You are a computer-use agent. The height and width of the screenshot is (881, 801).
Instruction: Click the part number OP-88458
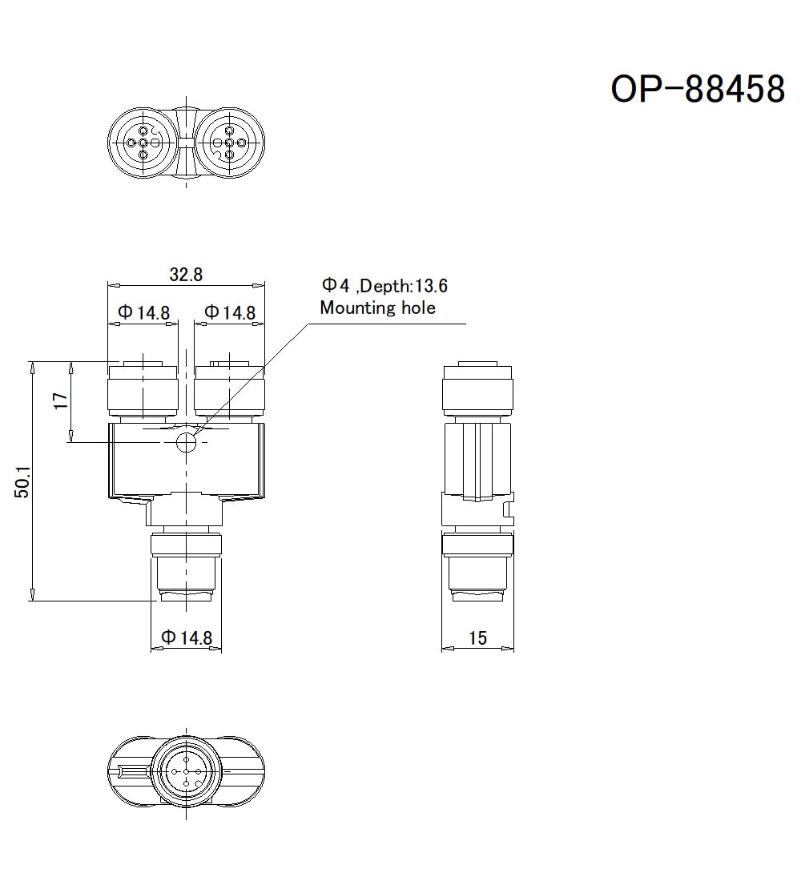698,89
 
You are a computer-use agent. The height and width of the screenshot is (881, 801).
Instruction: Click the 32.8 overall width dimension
186,274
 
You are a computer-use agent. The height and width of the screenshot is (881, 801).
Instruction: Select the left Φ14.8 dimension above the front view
143,312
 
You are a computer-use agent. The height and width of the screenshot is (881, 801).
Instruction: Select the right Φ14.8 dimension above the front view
230,312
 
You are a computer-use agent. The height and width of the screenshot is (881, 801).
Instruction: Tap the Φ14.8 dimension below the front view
187,638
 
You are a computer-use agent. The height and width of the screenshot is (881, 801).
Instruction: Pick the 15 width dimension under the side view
477,638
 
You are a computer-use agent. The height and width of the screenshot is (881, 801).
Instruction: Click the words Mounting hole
377,308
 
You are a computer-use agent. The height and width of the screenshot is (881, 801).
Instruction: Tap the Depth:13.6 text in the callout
405,286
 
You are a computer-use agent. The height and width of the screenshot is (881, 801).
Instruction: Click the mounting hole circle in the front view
187,441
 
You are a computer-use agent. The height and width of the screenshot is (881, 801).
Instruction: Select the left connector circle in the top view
143,143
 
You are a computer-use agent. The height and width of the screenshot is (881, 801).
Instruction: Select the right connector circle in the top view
230,143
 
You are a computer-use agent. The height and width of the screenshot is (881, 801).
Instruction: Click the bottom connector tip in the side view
477,594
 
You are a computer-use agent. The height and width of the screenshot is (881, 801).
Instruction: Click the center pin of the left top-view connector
143,143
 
